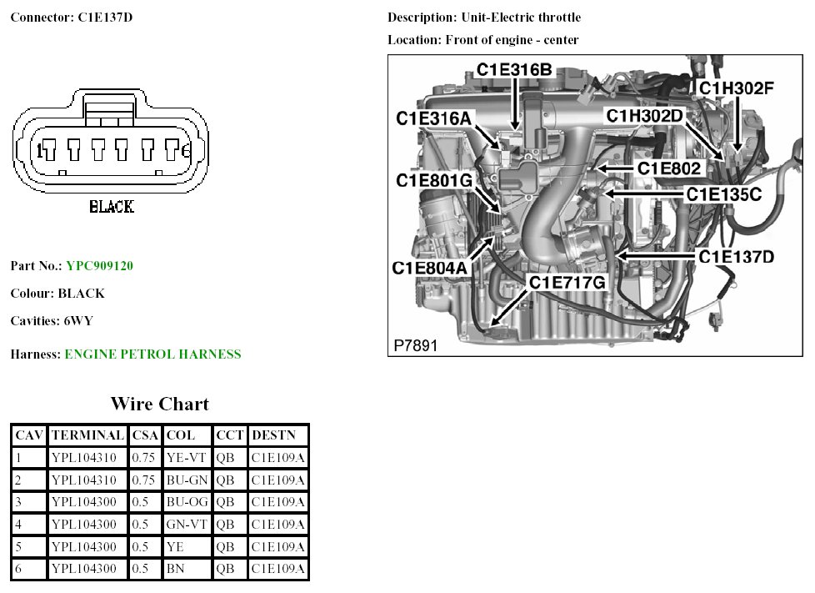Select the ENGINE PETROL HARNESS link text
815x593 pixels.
[x=152, y=354]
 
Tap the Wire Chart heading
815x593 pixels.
[x=159, y=405]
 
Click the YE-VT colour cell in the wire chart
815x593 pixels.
[x=187, y=458]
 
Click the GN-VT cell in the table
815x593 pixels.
[x=187, y=525]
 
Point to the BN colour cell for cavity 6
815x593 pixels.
[x=175, y=570]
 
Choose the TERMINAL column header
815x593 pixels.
[x=87, y=435]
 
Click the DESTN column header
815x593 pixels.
[x=273, y=435]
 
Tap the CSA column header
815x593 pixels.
[x=145, y=435]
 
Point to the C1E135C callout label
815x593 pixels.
[x=723, y=193]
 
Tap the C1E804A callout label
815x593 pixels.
[x=430, y=268]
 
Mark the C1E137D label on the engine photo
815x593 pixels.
[x=736, y=256]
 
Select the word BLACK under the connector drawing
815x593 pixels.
[x=111, y=207]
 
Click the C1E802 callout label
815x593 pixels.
[x=669, y=168]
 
